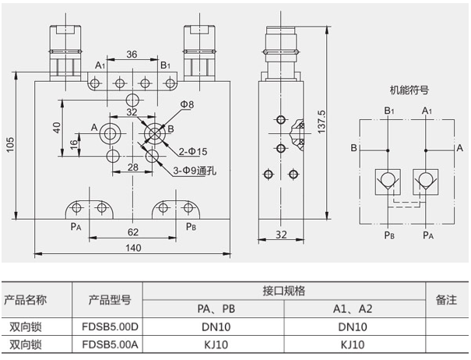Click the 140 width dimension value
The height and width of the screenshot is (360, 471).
coord(133,248)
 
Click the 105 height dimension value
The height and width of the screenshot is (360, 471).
coord(9,145)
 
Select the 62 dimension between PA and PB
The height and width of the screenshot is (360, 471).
coord(132,231)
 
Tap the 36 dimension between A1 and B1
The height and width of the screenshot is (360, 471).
coord(132,54)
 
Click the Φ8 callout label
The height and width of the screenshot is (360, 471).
coord(188,104)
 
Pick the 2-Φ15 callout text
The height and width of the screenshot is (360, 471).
coord(193,150)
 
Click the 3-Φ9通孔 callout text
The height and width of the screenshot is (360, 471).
coord(194,171)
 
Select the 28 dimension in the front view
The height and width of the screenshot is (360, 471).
coord(133,167)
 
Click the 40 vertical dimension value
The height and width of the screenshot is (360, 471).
coord(57,127)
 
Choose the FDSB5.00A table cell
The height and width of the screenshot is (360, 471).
coord(108,344)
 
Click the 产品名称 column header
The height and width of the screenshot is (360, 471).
coord(26,299)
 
